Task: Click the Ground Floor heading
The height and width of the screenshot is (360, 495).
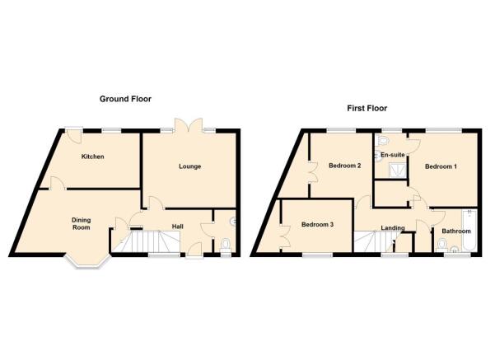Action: point(125,99)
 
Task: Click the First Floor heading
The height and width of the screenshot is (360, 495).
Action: point(367,108)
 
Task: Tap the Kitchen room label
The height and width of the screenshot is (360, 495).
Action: point(92,157)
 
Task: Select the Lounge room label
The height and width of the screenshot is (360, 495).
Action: point(189,166)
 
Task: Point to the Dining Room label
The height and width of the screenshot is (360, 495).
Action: point(82,223)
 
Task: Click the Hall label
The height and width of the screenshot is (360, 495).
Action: point(177,227)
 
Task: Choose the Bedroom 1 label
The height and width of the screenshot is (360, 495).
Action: point(441,166)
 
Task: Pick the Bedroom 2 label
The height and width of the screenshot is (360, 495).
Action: point(345,166)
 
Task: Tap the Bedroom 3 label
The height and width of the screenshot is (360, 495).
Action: point(317,225)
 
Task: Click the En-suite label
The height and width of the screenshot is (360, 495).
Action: point(392,155)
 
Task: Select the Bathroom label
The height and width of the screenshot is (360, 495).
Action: point(456,231)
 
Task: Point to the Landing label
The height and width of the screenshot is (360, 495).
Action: point(392,227)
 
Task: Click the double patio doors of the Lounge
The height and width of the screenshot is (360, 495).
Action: point(189,125)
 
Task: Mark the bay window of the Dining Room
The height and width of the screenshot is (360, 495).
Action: point(87,261)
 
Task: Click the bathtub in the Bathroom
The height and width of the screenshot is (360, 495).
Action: point(469,230)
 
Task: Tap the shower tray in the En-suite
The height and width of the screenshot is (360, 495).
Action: point(396,171)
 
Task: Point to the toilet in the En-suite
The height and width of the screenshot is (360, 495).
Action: point(382,140)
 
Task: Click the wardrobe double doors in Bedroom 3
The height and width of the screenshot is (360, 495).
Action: point(285,236)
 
